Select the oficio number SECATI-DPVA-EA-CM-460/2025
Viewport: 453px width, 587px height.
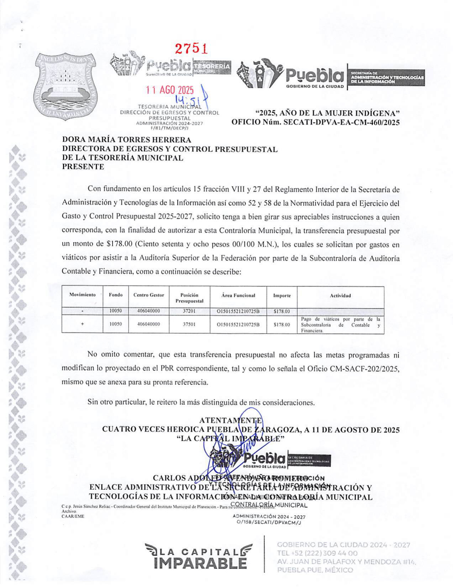(x=341, y=122)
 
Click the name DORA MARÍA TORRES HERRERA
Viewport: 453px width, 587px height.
(x=127, y=140)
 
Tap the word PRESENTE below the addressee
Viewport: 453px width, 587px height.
(x=83, y=167)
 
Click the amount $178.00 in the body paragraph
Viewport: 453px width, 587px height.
(x=120, y=244)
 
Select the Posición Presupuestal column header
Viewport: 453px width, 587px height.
(x=189, y=298)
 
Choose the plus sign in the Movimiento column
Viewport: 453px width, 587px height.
(x=82, y=324)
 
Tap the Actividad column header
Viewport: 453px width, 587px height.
(x=340, y=295)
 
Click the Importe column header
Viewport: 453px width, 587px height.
(x=282, y=295)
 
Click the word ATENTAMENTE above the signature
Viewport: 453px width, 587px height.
(x=231, y=420)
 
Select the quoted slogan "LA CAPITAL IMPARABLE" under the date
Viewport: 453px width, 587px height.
(x=230, y=439)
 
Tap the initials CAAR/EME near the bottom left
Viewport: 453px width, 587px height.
(x=73, y=517)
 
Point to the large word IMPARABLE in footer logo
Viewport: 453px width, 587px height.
(x=200, y=563)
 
